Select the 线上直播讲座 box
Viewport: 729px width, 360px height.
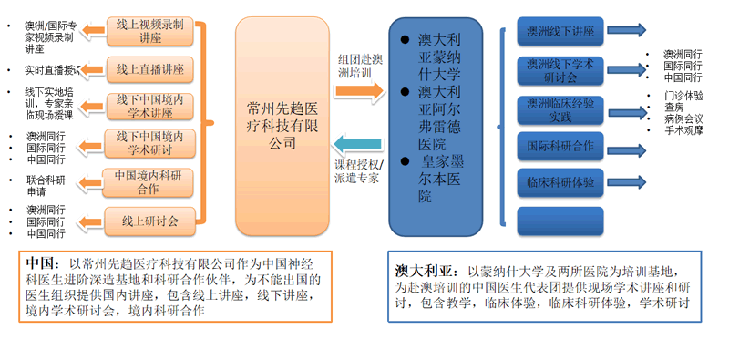tap(149, 67)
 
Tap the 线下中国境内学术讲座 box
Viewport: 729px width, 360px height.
tap(149, 107)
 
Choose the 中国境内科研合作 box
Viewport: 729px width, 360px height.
tap(149, 182)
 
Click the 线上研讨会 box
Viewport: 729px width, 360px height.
tap(149, 220)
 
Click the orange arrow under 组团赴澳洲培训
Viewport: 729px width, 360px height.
tap(360, 90)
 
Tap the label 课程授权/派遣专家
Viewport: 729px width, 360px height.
tap(359, 172)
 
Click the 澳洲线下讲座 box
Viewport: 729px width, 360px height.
tap(559, 31)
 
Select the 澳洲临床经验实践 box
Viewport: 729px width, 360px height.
tap(559, 108)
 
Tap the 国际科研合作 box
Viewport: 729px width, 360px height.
tap(559, 145)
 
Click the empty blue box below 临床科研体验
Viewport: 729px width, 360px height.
tap(559, 220)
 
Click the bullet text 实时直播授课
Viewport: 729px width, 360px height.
tap(53, 70)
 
